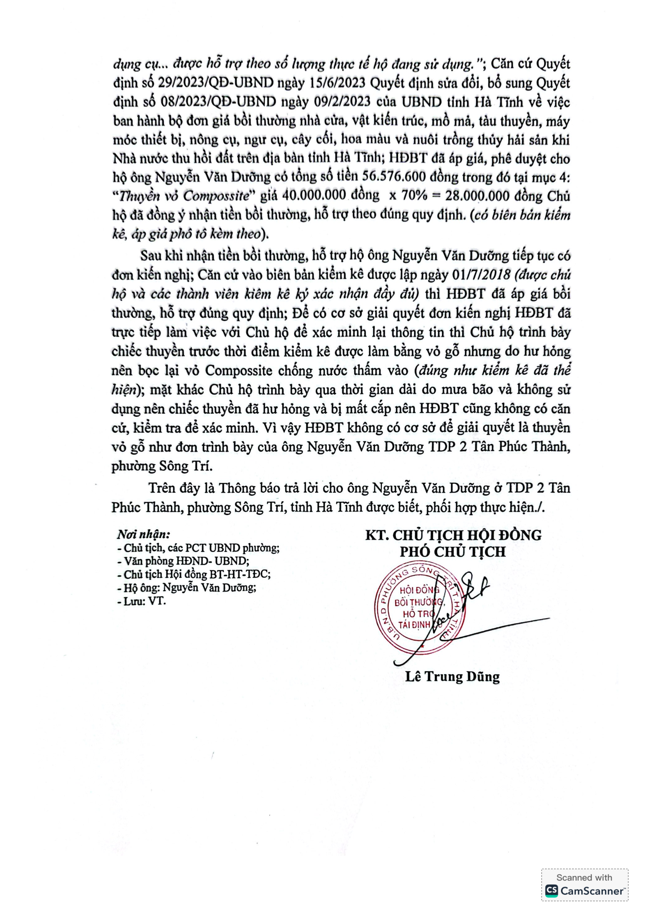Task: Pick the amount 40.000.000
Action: click(318, 196)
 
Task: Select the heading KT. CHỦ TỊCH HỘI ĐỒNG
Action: click(454, 535)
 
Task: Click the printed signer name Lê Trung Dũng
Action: click(452, 676)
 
